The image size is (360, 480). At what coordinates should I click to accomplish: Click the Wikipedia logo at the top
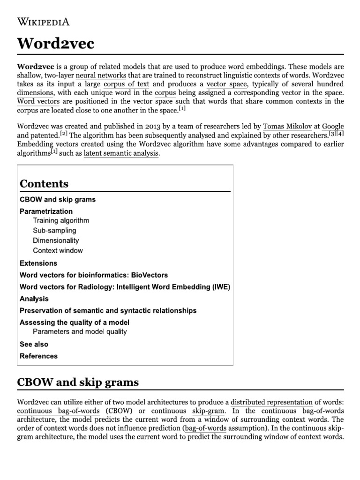pos(44,22)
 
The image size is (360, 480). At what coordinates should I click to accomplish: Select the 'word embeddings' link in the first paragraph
pos(256,67)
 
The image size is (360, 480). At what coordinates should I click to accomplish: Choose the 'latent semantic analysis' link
pos(121,153)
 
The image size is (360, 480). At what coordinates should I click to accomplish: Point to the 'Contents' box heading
pos(44,183)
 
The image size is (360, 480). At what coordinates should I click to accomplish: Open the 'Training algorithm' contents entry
pos(61,220)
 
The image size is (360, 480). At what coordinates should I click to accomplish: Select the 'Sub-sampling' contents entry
pos(54,231)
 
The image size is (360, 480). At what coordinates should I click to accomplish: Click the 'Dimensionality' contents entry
pos(56,240)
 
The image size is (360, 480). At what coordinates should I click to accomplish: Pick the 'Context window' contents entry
pos(58,250)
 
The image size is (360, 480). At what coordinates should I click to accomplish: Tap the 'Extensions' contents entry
pos(38,263)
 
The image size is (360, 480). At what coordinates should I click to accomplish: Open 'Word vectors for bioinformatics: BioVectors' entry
pos(94,275)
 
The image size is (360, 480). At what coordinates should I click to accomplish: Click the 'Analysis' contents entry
pos(34,299)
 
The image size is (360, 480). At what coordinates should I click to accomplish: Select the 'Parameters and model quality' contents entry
pos(80,332)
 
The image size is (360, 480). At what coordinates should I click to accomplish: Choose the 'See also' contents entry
pos(34,344)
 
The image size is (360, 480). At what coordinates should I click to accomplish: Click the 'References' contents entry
pos(39,356)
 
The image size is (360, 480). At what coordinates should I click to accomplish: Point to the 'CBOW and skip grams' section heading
pos(78,382)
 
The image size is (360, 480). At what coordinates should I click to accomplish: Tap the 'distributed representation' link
pos(271,402)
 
